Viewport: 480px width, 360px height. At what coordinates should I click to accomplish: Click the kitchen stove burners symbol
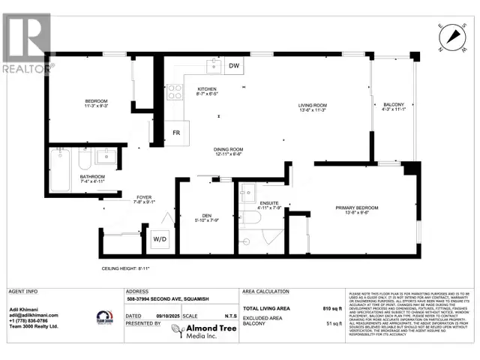point(175,91)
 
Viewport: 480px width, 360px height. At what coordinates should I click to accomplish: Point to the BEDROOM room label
point(97,101)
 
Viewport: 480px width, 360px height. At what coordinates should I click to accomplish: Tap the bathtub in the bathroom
point(60,162)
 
